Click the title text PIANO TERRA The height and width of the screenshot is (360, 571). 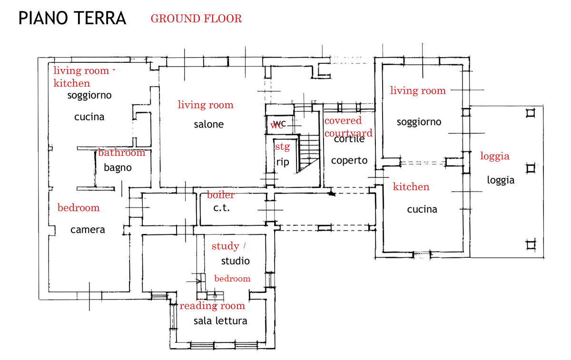pyautogui.click(x=72, y=19)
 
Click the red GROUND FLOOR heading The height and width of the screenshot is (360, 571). pyautogui.click(x=196, y=19)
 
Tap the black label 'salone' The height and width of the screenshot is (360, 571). pyautogui.click(x=208, y=125)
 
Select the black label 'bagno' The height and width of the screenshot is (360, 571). pyautogui.click(x=118, y=168)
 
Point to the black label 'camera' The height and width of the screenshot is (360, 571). pyautogui.click(x=88, y=230)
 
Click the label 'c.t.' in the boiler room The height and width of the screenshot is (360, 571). pyautogui.click(x=221, y=208)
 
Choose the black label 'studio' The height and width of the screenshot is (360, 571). pyautogui.click(x=235, y=261)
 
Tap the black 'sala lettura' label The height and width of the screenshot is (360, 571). pyautogui.click(x=220, y=321)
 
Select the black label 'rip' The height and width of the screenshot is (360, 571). pyautogui.click(x=283, y=162)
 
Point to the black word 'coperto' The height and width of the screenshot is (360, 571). pyautogui.click(x=349, y=161)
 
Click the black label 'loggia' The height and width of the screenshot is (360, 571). pyautogui.click(x=501, y=181)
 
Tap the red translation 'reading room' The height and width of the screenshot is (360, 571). pyautogui.click(x=212, y=306)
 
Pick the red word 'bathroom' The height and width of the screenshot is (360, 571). pyautogui.click(x=121, y=153)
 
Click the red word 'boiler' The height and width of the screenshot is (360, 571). pyautogui.click(x=221, y=195)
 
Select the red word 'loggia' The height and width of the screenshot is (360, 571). pyautogui.click(x=495, y=156)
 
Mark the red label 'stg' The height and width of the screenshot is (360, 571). pyautogui.click(x=282, y=147)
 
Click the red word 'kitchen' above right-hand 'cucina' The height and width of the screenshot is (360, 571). pyautogui.click(x=411, y=187)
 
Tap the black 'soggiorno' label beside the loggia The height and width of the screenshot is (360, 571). pyautogui.click(x=419, y=122)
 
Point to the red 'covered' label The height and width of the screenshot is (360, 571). pyautogui.click(x=343, y=121)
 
